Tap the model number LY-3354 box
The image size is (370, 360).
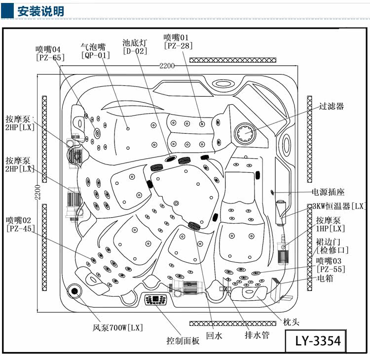[x=318, y=341]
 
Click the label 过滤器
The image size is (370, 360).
[x=331, y=106]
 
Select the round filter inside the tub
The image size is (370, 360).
[x=245, y=133]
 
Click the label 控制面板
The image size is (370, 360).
[x=183, y=341]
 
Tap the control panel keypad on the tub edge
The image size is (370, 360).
[x=156, y=300]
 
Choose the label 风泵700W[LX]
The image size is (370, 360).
[x=118, y=327]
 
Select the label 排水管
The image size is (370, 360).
[x=257, y=335]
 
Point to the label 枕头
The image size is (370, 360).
[x=291, y=322]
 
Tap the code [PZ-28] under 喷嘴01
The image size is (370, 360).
[x=178, y=46]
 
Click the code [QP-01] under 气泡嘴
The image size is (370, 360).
[x=95, y=55]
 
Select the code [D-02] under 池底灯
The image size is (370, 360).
[x=135, y=51]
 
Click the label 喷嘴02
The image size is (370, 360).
[x=19, y=220]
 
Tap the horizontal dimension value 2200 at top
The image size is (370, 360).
[x=167, y=66]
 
